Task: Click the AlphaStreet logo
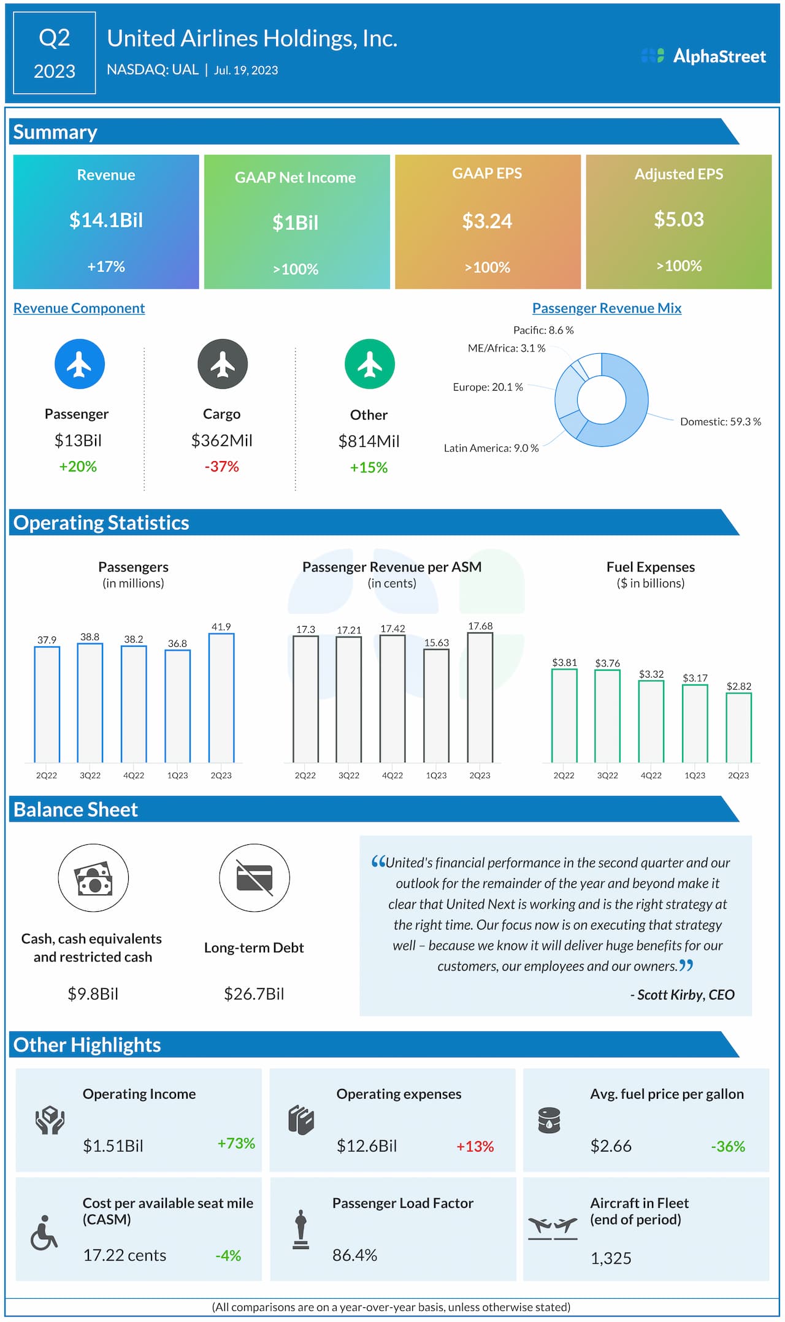click(x=703, y=56)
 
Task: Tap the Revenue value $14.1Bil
click(x=106, y=220)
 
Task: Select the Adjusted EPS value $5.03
click(x=678, y=219)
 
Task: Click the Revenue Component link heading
click(x=79, y=308)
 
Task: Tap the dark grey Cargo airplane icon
click(x=223, y=364)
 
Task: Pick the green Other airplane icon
click(x=370, y=364)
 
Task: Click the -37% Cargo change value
click(x=222, y=467)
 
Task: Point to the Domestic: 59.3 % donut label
click(x=720, y=422)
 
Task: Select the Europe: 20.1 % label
click(x=488, y=387)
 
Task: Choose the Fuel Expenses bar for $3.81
click(x=564, y=716)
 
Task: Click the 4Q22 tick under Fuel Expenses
click(x=651, y=776)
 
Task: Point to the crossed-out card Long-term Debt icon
click(x=255, y=877)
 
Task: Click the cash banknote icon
click(x=93, y=878)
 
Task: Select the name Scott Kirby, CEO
click(x=685, y=995)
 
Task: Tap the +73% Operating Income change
click(x=236, y=1144)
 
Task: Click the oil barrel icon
click(x=549, y=1120)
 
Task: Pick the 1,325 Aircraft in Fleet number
click(x=611, y=1258)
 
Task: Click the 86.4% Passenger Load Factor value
click(x=354, y=1255)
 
